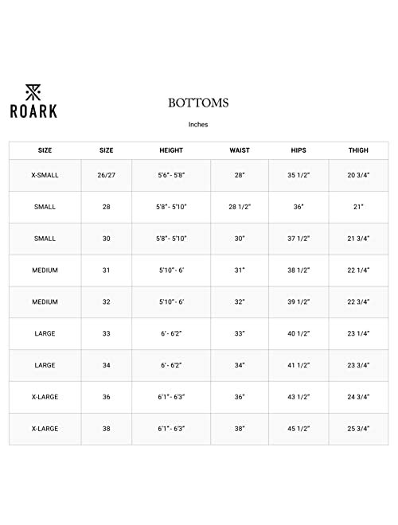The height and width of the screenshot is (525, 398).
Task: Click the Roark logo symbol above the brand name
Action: pos(33,88)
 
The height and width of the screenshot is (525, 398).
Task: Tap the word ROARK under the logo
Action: pos(33,110)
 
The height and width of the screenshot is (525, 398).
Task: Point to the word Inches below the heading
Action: pos(199,124)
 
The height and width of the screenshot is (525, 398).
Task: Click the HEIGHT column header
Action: pos(171,150)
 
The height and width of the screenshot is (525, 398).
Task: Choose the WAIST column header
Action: pos(240,150)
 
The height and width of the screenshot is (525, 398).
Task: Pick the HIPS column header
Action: pos(298,150)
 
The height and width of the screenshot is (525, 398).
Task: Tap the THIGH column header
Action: pos(357,150)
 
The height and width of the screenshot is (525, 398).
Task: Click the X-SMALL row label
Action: pos(45,174)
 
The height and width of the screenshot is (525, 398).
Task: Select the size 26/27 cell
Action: pos(106,174)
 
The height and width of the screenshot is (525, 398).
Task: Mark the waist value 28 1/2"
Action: pos(240,206)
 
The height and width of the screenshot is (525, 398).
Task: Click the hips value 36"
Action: pos(298,206)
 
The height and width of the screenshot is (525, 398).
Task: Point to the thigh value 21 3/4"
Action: pos(357,239)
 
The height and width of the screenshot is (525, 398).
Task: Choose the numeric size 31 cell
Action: pos(106,270)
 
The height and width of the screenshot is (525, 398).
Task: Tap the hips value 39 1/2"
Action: pos(298,302)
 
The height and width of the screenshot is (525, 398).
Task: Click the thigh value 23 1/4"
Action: pos(357,334)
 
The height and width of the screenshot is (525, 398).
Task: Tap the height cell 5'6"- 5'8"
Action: pos(171,174)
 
